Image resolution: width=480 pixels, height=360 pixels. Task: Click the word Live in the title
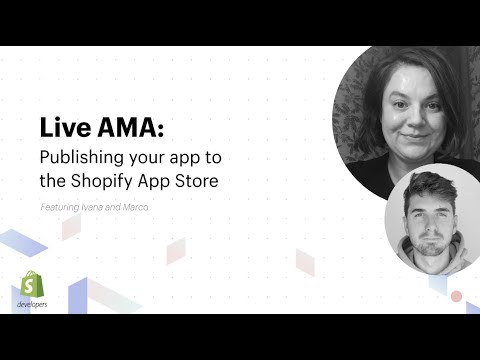coord(63,130)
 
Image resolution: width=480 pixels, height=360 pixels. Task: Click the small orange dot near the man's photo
coord(456,296)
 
